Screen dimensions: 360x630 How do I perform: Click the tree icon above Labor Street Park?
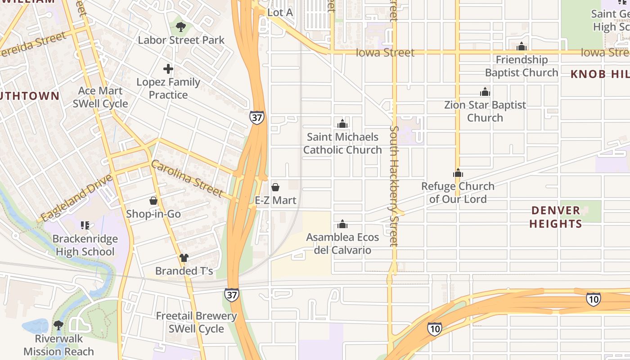(180, 27)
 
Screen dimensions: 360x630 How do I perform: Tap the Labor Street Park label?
(181, 40)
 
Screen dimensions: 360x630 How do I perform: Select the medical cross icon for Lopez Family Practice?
(168, 69)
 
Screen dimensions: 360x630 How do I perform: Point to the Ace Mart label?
(100, 91)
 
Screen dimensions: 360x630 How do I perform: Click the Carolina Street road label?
(187, 179)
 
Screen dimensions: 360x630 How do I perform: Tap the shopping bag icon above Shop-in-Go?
(153, 201)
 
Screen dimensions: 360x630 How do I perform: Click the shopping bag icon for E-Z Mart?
(275, 187)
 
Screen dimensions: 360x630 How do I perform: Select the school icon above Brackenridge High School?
(85, 225)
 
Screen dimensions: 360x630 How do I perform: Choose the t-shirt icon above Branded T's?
(184, 258)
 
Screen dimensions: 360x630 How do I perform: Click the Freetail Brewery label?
(196, 316)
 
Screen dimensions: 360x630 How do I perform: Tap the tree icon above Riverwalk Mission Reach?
(58, 325)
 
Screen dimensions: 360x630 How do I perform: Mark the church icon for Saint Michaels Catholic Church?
(342, 123)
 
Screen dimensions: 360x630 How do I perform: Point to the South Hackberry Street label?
(394, 186)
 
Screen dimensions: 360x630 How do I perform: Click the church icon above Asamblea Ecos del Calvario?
(342, 224)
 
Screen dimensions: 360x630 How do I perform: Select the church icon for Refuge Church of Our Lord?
(458, 173)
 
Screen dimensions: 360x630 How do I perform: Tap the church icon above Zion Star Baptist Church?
(485, 92)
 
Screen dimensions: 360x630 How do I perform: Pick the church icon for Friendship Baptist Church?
(522, 46)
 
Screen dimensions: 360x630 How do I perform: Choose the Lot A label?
(280, 13)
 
